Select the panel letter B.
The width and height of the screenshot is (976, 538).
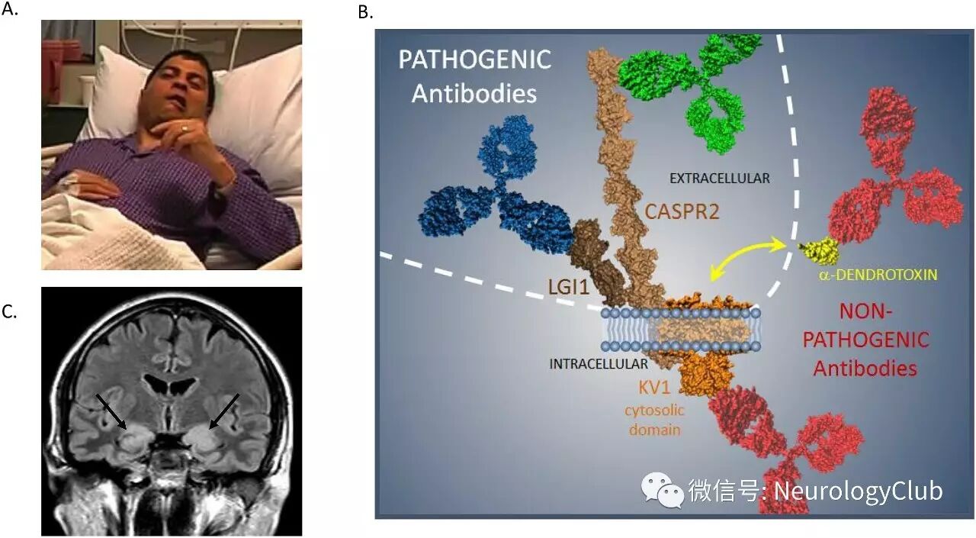pyautogui.click(x=366, y=12)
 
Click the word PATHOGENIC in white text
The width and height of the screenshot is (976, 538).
pyautogui.click(x=474, y=60)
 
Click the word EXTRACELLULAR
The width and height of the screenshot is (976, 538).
pyautogui.click(x=719, y=179)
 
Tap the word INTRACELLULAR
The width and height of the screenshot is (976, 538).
pyautogui.click(x=599, y=364)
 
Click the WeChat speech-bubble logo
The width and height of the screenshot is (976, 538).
pyautogui.click(x=661, y=489)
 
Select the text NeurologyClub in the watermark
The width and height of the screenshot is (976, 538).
pyautogui.click(x=858, y=490)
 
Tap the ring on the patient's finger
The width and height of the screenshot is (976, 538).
pyautogui.click(x=184, y=129)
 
